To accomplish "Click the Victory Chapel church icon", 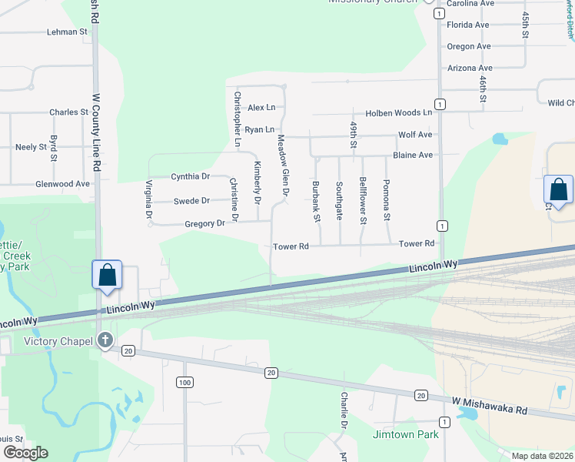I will tap(105, 340).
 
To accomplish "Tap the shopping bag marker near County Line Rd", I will tap(107, 275).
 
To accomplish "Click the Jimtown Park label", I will tap(405, 434).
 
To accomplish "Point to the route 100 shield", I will tap(184, 383).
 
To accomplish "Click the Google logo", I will tap(25, 453).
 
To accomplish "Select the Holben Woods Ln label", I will tap(398, 112).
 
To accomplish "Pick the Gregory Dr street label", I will tap(204, 223).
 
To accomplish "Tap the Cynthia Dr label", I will tap(190, 176).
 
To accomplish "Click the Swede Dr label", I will tap(191, 201).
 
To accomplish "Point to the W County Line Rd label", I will tap(97, 132).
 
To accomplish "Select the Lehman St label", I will tap(68, 32).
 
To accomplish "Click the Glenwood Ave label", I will tap(62, 184).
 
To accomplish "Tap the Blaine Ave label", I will tap(413, 155).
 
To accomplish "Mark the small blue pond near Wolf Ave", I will tap(500, 139).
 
